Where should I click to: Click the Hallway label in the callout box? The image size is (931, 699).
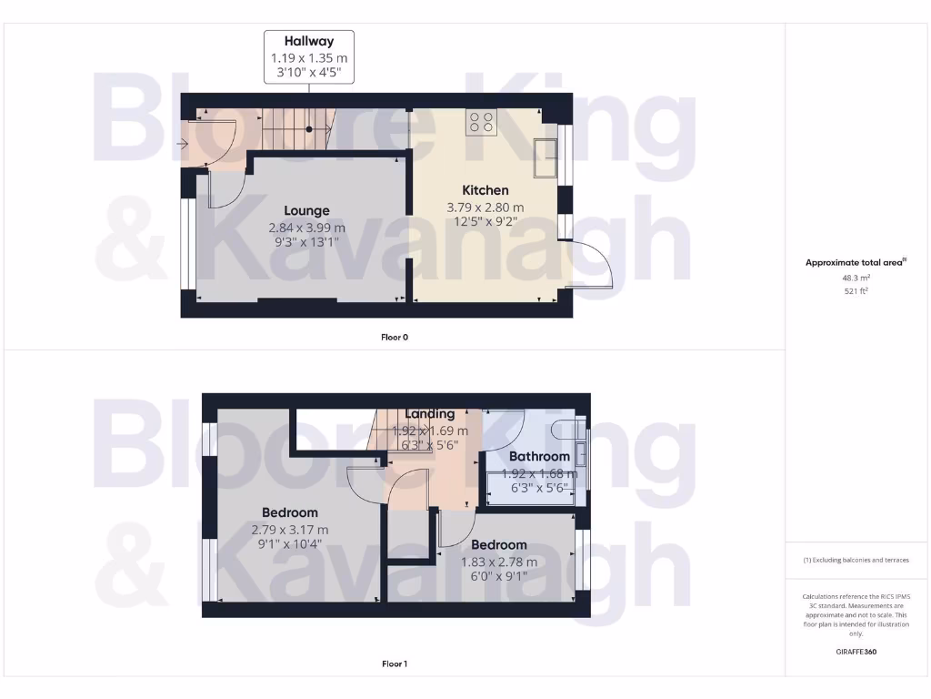(308, 41)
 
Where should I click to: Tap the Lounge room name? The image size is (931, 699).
(306, 211)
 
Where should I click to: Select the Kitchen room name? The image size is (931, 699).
(486, 190)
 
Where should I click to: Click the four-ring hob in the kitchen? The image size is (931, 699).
(482, 122)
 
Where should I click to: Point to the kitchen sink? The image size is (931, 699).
(546, 157)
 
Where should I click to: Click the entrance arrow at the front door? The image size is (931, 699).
(184, 143)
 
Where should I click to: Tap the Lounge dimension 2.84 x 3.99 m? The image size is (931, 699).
(306, 228)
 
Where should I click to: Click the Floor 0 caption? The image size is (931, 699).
(395, 337)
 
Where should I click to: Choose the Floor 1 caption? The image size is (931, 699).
(395, 664)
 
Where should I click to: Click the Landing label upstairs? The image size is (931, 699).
(430, 414)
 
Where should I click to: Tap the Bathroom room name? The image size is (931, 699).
(539, 456)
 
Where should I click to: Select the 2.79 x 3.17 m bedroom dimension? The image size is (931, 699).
(291, 530)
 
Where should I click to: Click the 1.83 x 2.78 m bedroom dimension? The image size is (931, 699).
(498, 562)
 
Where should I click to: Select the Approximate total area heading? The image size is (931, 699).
(855, 262)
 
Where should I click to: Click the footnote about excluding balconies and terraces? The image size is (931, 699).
(855, 560)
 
